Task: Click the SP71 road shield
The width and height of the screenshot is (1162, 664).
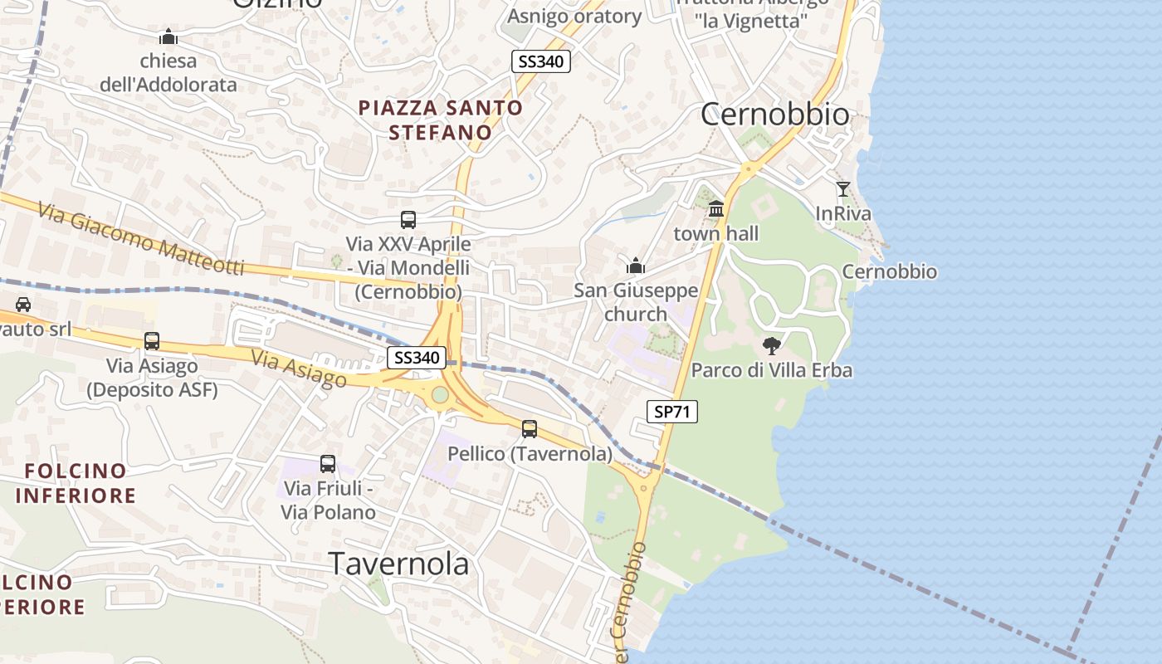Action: (672, 411)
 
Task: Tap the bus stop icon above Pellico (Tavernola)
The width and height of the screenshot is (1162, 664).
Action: (530, 429)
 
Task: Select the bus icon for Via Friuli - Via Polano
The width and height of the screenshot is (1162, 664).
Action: (328, 464)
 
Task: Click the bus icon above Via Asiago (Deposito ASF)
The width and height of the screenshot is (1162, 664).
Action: (152, 341)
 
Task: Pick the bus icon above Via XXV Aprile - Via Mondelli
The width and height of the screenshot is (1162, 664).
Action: (408, 220)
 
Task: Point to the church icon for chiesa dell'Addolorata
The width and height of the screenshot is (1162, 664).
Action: (168, 37)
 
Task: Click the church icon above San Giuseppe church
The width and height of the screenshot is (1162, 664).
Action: (636, 266)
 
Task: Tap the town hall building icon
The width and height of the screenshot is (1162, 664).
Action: (716, 209)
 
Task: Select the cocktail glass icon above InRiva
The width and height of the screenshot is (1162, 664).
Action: (843, 189)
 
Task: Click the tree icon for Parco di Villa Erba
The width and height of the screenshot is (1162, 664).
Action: (772, 346)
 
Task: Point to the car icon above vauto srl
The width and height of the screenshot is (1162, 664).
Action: (23, 305)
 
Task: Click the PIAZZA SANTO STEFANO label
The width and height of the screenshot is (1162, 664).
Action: (441, 120)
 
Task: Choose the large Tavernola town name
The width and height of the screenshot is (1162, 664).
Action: (399, 564)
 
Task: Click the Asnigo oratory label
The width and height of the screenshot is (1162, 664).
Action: (574, 17)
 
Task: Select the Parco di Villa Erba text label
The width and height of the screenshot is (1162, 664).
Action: (772, 370)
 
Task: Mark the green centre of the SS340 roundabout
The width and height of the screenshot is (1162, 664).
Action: (440, 394)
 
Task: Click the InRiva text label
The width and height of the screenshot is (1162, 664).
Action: (843, 214)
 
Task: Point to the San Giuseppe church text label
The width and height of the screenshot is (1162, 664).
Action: (636, 302)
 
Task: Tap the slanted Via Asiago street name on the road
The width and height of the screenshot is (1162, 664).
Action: (299, 369)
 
